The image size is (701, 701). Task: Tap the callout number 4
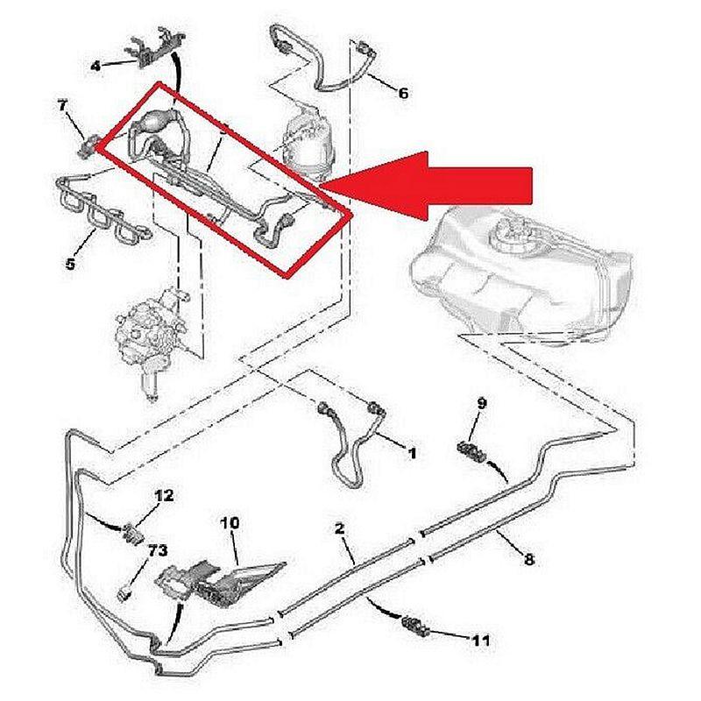coord(96,65)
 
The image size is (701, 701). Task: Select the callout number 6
coord(403,93)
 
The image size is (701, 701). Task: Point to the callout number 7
coord(62,106)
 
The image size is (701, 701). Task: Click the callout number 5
coord(71,262)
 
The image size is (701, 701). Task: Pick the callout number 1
coord(412,453)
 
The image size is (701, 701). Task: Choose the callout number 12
coord(165,495)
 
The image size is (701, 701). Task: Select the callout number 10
coord(230,523)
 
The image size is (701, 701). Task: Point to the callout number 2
coord(339,528)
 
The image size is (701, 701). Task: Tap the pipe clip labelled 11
coord(412,625)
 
